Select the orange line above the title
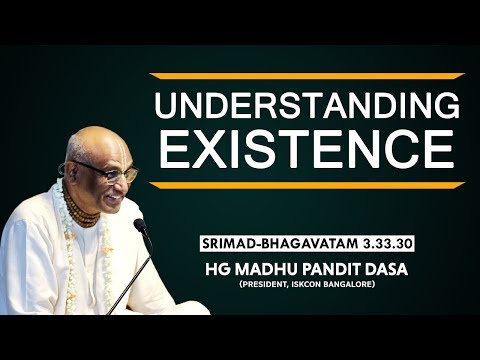point(307,76)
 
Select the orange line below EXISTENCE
point(307,185)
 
